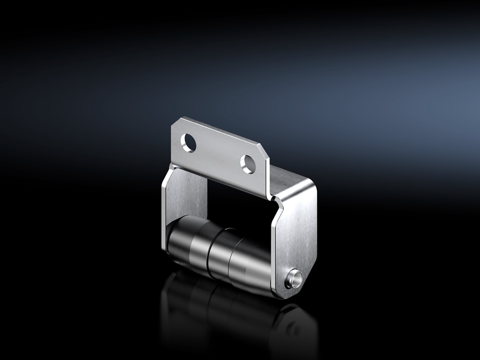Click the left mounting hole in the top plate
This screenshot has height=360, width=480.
pyautogui.click(x=189, y=143)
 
